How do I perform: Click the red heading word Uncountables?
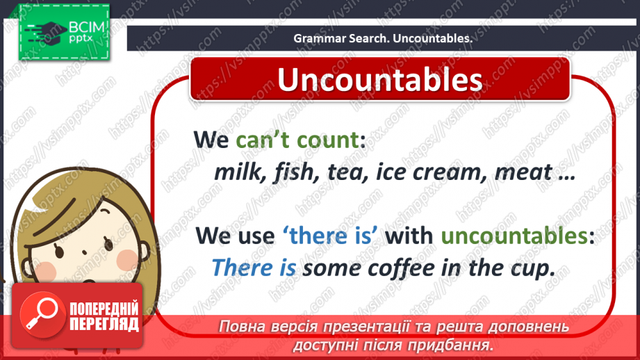pos(379,80)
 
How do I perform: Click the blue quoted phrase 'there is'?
pos(331,236)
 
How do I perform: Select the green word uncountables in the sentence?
pos(514,236)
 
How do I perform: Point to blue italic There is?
pos(254,268)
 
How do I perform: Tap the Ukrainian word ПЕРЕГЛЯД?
pos(104,324)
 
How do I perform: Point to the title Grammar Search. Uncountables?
pos(382,39)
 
